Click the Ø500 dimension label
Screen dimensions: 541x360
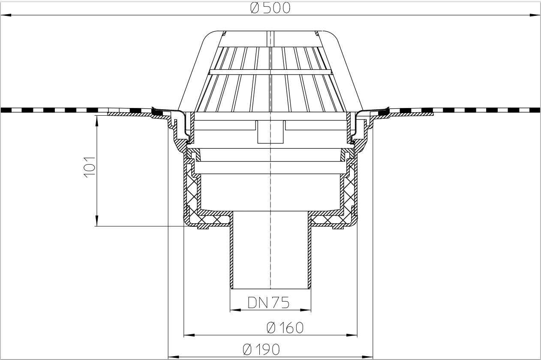click(270, 8)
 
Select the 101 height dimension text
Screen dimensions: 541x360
click(89, 167)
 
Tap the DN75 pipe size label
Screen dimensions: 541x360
click(268, 303)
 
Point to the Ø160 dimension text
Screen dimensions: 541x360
click(285, 328)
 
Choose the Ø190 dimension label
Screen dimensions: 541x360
click(261, 349)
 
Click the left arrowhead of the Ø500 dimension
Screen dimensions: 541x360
click(6, 15)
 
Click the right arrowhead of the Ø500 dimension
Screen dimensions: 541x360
click(535, 15)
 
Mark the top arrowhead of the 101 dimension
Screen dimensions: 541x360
click(96, 120)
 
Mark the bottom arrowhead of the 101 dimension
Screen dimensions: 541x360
click(96, 221)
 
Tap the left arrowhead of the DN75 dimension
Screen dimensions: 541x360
click(235, 310)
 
